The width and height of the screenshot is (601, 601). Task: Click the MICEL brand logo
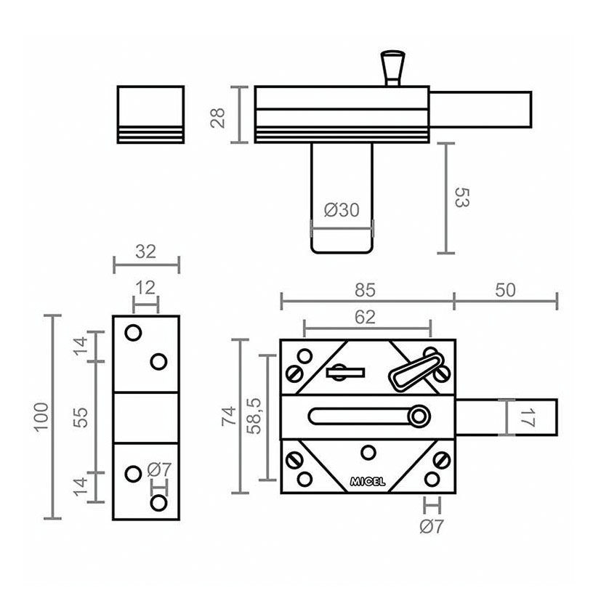click(x=368, y=482)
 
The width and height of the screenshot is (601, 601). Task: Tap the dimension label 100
click(x=41, y=417)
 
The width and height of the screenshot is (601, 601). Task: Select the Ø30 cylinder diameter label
click(x=342, y=210)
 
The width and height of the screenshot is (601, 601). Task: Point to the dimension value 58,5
click(x=254, y=416)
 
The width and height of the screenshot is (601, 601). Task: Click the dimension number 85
click(x=365, y=290)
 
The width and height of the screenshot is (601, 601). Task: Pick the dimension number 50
click(x=505, y=290)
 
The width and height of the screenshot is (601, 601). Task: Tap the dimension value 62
click(x=365, y=317)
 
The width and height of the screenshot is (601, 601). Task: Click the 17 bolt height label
click(x=528, y=417)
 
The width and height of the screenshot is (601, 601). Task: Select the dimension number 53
click(x=461, y=198)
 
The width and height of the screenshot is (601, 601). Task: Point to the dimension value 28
click(x=218, y=118)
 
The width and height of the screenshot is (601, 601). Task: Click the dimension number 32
click(x=145, y=252)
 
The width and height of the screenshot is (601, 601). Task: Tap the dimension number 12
click(x=145, y=288)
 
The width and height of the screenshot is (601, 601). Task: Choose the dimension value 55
click(x=81, y=417)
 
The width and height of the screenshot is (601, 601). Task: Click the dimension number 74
click(x=229, y=416)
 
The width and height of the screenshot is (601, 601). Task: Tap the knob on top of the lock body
click(x=393, y=68)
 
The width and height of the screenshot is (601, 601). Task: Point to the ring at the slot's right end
click(x=418, y=416)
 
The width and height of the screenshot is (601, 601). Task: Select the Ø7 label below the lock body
click(x=432, y=526)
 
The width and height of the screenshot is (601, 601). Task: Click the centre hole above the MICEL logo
click(x=368, y=453)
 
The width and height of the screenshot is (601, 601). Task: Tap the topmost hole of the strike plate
click(x=133, y=333)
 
